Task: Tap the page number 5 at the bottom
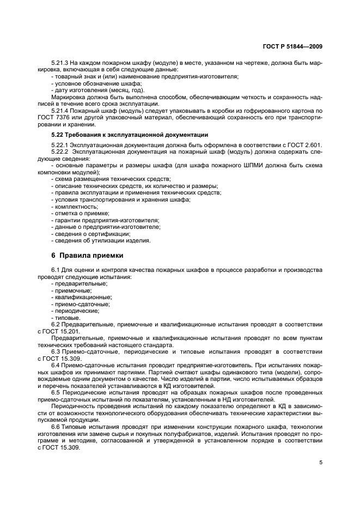(x=321, y=463)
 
